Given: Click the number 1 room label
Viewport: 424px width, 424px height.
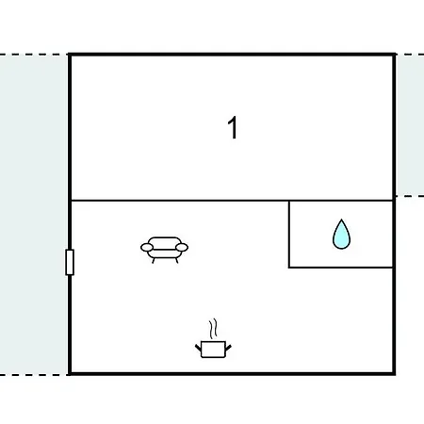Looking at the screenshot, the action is (233, 127).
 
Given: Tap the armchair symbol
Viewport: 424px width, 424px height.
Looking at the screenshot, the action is (164, 250).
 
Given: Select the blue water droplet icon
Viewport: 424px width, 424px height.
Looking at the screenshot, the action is (341, 235).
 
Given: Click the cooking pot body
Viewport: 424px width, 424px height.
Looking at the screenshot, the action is (213, 350).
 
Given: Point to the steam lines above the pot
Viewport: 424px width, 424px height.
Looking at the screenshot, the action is (213, 329).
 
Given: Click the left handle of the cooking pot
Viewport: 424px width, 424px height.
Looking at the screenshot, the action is (198, 348).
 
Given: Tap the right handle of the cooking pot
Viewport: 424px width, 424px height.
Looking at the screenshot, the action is (228, 348).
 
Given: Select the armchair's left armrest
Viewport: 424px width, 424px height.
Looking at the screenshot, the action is (147, 248).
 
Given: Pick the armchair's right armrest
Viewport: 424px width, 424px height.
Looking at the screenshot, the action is (182, 248).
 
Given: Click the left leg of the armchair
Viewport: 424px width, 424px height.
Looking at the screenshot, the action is (154, 260).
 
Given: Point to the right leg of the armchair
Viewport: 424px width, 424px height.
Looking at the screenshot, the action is (177, 260).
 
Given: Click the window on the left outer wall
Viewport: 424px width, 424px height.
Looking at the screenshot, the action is (70, 262).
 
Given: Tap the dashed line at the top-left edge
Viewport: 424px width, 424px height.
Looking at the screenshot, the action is (34, 55).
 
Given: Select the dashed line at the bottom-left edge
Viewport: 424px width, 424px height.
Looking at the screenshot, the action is (34, 375).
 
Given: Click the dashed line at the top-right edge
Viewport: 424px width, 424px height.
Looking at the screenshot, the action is (410, 55).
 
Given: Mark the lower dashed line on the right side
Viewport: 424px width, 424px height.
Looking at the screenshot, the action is (410, 196).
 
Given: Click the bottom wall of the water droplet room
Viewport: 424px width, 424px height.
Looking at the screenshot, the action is (341, 268).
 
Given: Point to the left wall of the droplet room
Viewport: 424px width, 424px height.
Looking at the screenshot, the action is (289, 234).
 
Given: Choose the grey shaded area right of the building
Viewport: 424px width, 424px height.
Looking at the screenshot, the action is (410, 125).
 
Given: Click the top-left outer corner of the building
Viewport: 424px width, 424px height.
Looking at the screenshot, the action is (69, 54).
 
